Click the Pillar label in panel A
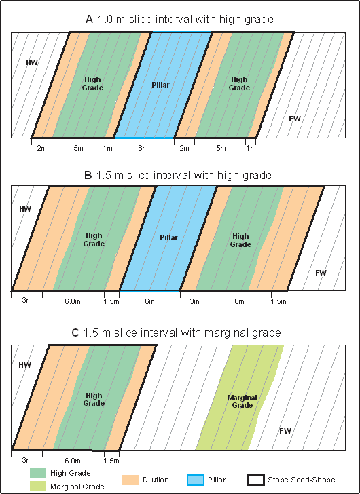click(x=161, y=85)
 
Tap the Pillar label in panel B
click(x=168, y=237)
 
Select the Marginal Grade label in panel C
click(x=242, y=402)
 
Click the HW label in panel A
click(x=32, y=62)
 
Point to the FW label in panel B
click(x=321, y=273)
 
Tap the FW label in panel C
click(x=285, y=431)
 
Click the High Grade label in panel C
click(x=94, y=400)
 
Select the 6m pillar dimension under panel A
click(x=143, y=148)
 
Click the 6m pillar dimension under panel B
click(x=149, y=301)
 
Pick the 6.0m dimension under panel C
click(x=73, y=461)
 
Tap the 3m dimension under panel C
click(x=26, y=460)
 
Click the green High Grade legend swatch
click(x=38, y=473)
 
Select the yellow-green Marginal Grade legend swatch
click(x=38, y=486)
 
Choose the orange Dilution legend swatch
click(x=130, y=480)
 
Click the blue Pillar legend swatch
click(x=195, y=480)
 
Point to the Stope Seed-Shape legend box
click(x=255, y=480)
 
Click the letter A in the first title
click(x=90, y=20)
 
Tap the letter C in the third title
click(x=75, y=332)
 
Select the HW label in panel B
click(x=25, y=209)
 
